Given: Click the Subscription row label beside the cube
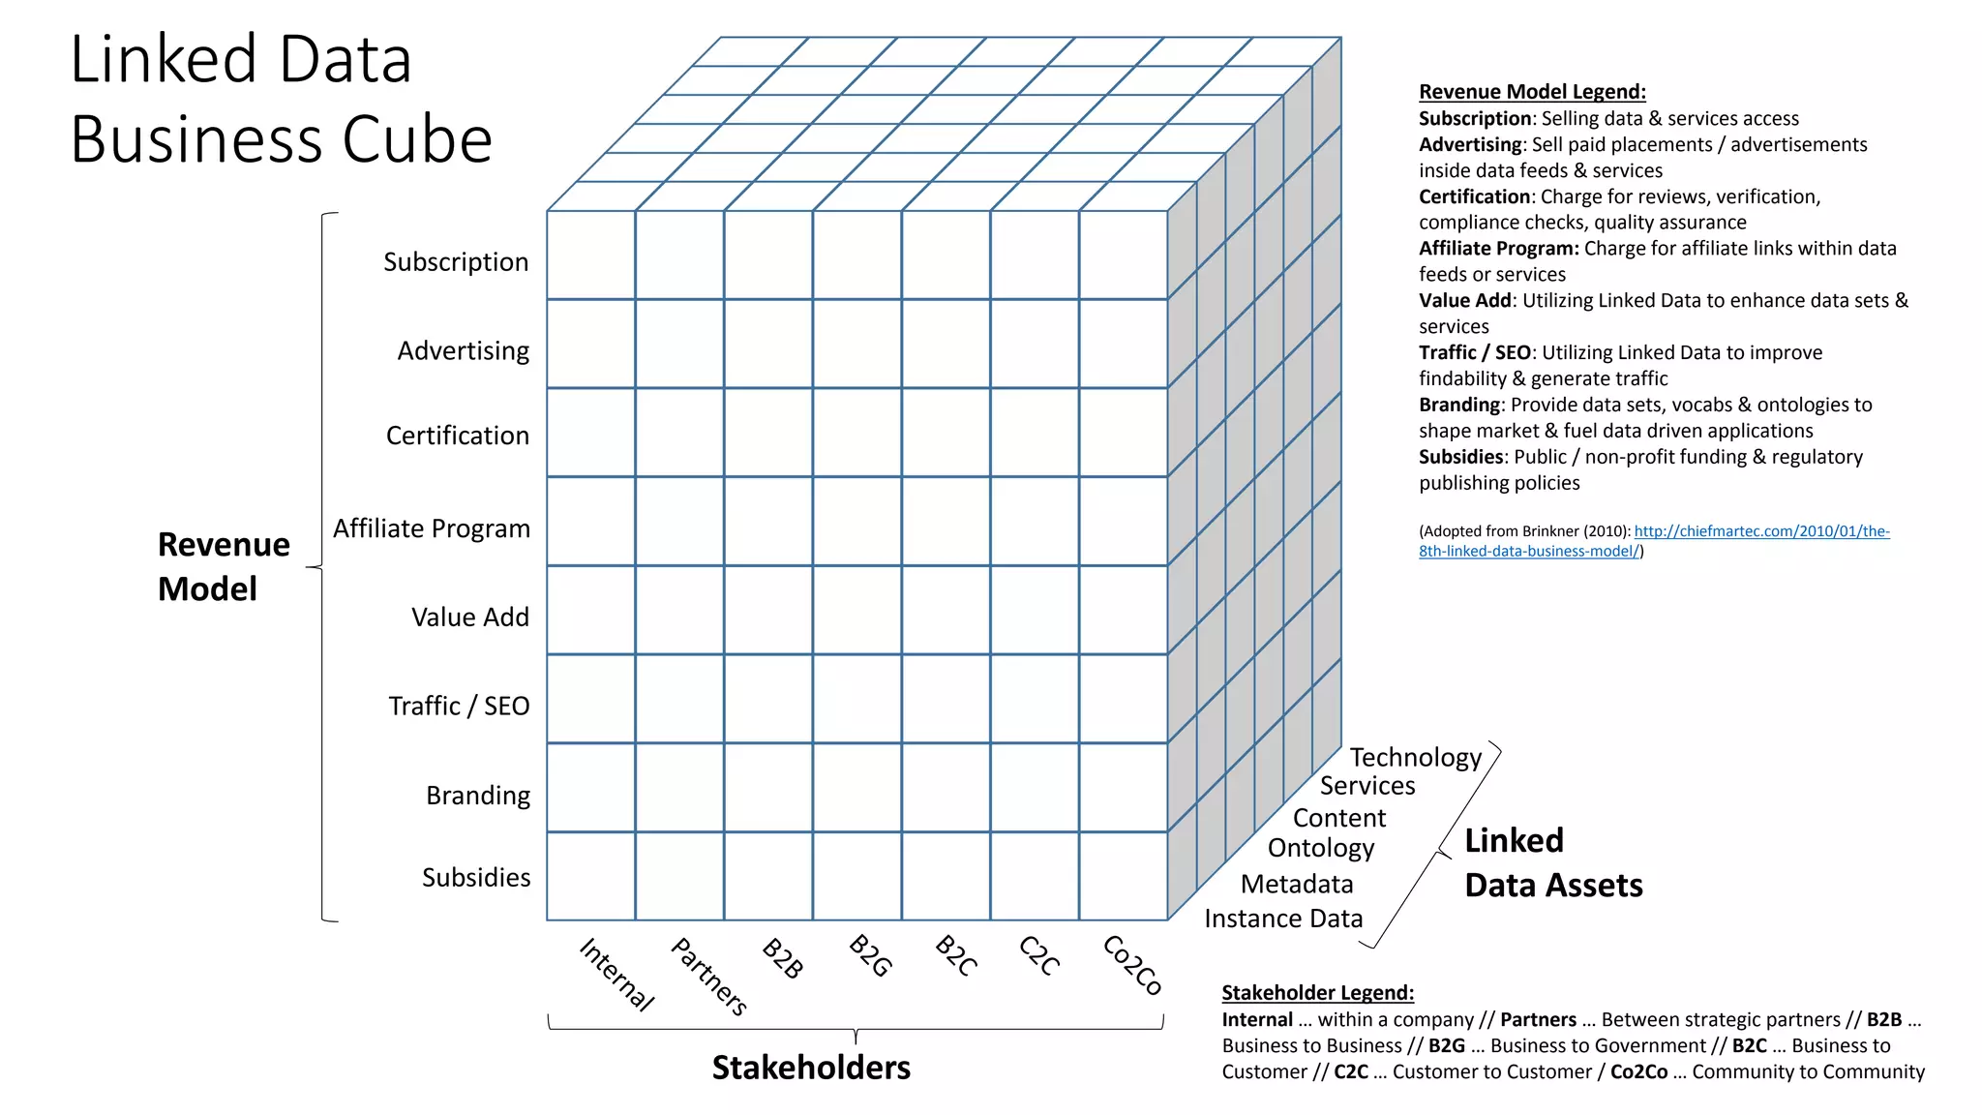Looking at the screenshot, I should [456, 262].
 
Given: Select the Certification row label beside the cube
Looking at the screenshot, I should [458, 436].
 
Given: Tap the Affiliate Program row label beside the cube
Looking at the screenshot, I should [432, 528].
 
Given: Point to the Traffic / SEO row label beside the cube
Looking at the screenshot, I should [459, 706].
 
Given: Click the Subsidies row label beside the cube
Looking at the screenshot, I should [476, 877].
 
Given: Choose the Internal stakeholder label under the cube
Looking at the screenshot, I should [616, 974].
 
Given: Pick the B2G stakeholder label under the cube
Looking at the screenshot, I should [870, 955].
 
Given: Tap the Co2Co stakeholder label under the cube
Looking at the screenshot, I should [1132, 964].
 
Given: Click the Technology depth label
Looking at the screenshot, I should [1415, 757].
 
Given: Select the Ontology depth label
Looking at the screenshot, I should [1321, 848].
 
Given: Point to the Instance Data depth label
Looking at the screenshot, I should [1283, 918].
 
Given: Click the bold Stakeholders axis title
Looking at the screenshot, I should [811, 1067].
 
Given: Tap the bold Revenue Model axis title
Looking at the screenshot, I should [223, 566].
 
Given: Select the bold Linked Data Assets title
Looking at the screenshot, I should [1552, 862].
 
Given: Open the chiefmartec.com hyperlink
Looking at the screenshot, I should [1761, 531].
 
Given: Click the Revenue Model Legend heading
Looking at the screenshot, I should [1532, 92].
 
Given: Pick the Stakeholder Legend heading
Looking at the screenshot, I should [1317, 992].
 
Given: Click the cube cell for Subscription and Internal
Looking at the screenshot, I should [591, 256].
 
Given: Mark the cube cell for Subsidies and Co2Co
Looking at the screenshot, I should [1123, 876].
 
